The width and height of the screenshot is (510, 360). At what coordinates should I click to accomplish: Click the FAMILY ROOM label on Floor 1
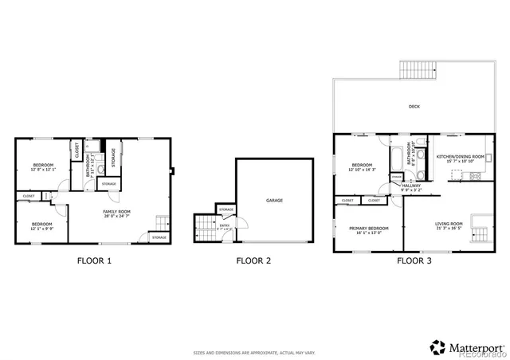pyautogui.click(x=116, y=211)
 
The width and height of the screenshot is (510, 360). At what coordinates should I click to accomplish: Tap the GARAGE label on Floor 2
pyautogui.click(x=274, y=200)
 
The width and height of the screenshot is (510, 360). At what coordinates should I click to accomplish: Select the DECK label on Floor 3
pyautogui.click(x=414, y=106)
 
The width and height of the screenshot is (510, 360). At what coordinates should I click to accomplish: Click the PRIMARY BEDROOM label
pyautogui.click(x=369, y=228)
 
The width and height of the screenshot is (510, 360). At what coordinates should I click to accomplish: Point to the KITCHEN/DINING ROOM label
pyautogui.click(x=461, y=157)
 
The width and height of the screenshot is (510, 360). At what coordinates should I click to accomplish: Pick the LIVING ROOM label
pyautogui.click(x=449, y=224)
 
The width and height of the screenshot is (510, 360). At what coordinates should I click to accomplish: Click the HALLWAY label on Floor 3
pyautogui.click(x=400, y=185)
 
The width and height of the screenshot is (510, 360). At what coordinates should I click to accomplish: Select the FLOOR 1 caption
pyautogui.click(x=94, y=260)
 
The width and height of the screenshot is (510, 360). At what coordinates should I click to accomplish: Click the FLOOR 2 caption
pyautogui.click(x=253, y=260)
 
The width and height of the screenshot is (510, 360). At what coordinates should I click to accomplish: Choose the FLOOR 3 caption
pyautogui.click(x=415, y=260)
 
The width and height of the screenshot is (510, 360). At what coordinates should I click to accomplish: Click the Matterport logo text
pyautogui.click(x=477, y=347)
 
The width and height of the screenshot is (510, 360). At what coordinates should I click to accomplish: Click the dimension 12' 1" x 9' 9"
pyautogui.click(x=41, y=228)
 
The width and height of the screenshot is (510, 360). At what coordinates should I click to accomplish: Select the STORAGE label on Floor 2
pyautogui.click(x=226, y=209)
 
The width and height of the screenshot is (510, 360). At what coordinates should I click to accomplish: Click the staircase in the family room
pyautogui.click(x=160, y=223)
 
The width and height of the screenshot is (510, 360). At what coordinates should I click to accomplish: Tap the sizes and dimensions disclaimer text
pyautogui.click(x=254, y=352)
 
